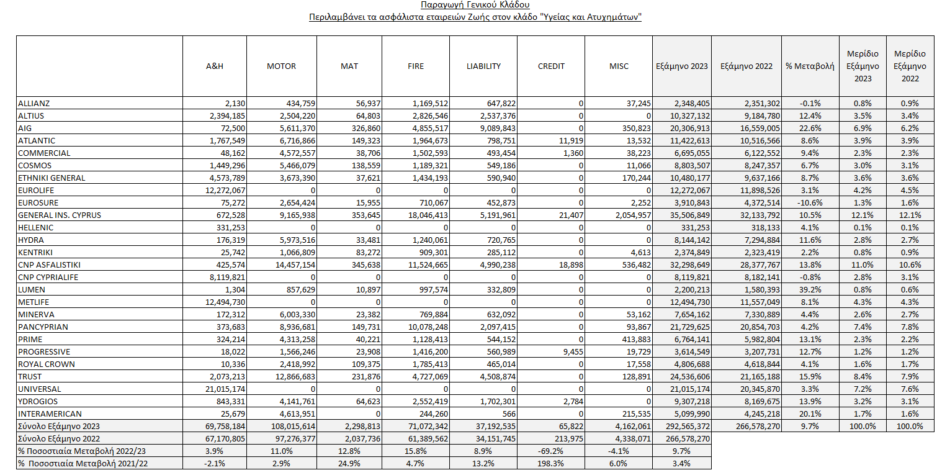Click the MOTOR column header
point(281,66)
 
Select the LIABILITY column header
point(483,66)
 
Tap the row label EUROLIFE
point(36,191)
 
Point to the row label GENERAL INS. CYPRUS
point(60,215)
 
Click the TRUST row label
point(30,377)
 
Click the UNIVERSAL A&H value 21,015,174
point(225,389)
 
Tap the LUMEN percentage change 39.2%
point(810,289)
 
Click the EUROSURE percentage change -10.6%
point(810,202)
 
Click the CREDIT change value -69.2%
point(551,451)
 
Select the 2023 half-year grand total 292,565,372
point(688,427)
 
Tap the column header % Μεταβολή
point(810,66)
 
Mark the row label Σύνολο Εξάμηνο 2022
point(59,438)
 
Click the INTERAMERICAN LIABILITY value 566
point(508,414)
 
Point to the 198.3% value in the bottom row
point(551,464)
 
